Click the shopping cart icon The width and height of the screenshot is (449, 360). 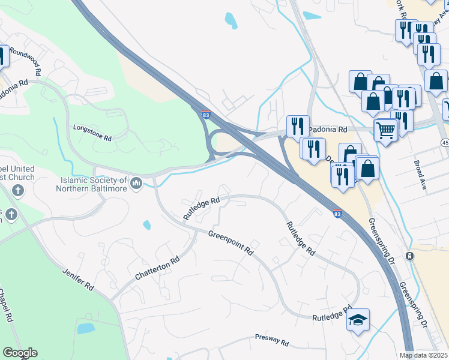[x=385, y=129]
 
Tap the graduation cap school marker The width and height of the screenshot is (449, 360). [x=358, y=319]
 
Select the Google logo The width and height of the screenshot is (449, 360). [x=20, y=353]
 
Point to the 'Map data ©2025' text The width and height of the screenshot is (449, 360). [x=423, y=355]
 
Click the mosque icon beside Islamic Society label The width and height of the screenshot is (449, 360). [x=136, y=182]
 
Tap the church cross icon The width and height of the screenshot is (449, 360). [x=17, y=191]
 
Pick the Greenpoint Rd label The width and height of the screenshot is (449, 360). [x=230, y=243]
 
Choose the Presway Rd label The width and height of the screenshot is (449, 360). [x=271, y=341]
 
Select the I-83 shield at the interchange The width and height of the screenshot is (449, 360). [x=205, y=113]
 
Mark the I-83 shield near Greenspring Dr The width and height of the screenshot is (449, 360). [x=339, y=212]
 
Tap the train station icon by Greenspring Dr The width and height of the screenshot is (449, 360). [x=409, y=256]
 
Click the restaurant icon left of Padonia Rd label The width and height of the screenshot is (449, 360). [x=298, y=126]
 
